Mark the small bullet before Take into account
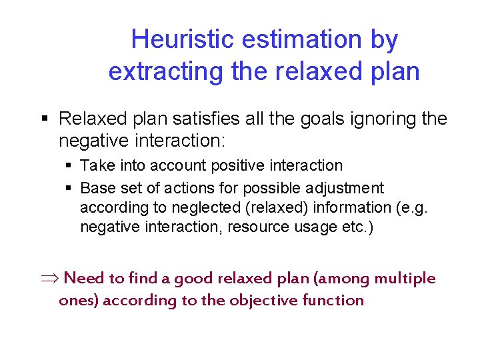coord(70,165)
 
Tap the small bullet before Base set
coord(70,188)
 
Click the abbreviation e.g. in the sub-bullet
coord(413,207)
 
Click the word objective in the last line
coord(263,301)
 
